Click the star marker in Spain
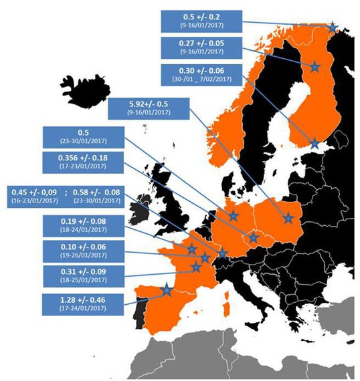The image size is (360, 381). click(x=166, y=291)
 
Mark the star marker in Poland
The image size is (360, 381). click(x=289, y=217)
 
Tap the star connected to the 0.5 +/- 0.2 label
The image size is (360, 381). click(x=333, y=27)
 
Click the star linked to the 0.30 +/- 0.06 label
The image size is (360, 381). click(x=314, y=142)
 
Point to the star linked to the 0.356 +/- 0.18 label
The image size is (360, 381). click(x=254, y=237)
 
